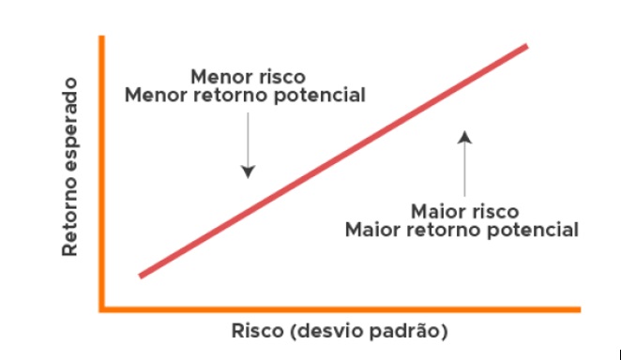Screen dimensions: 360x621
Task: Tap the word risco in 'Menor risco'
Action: (278, 76)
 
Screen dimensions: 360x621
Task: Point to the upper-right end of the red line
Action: (526, 46)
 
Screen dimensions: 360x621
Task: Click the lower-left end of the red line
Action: (141, 275)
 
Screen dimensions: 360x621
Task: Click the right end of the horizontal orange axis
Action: (581, 307)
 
